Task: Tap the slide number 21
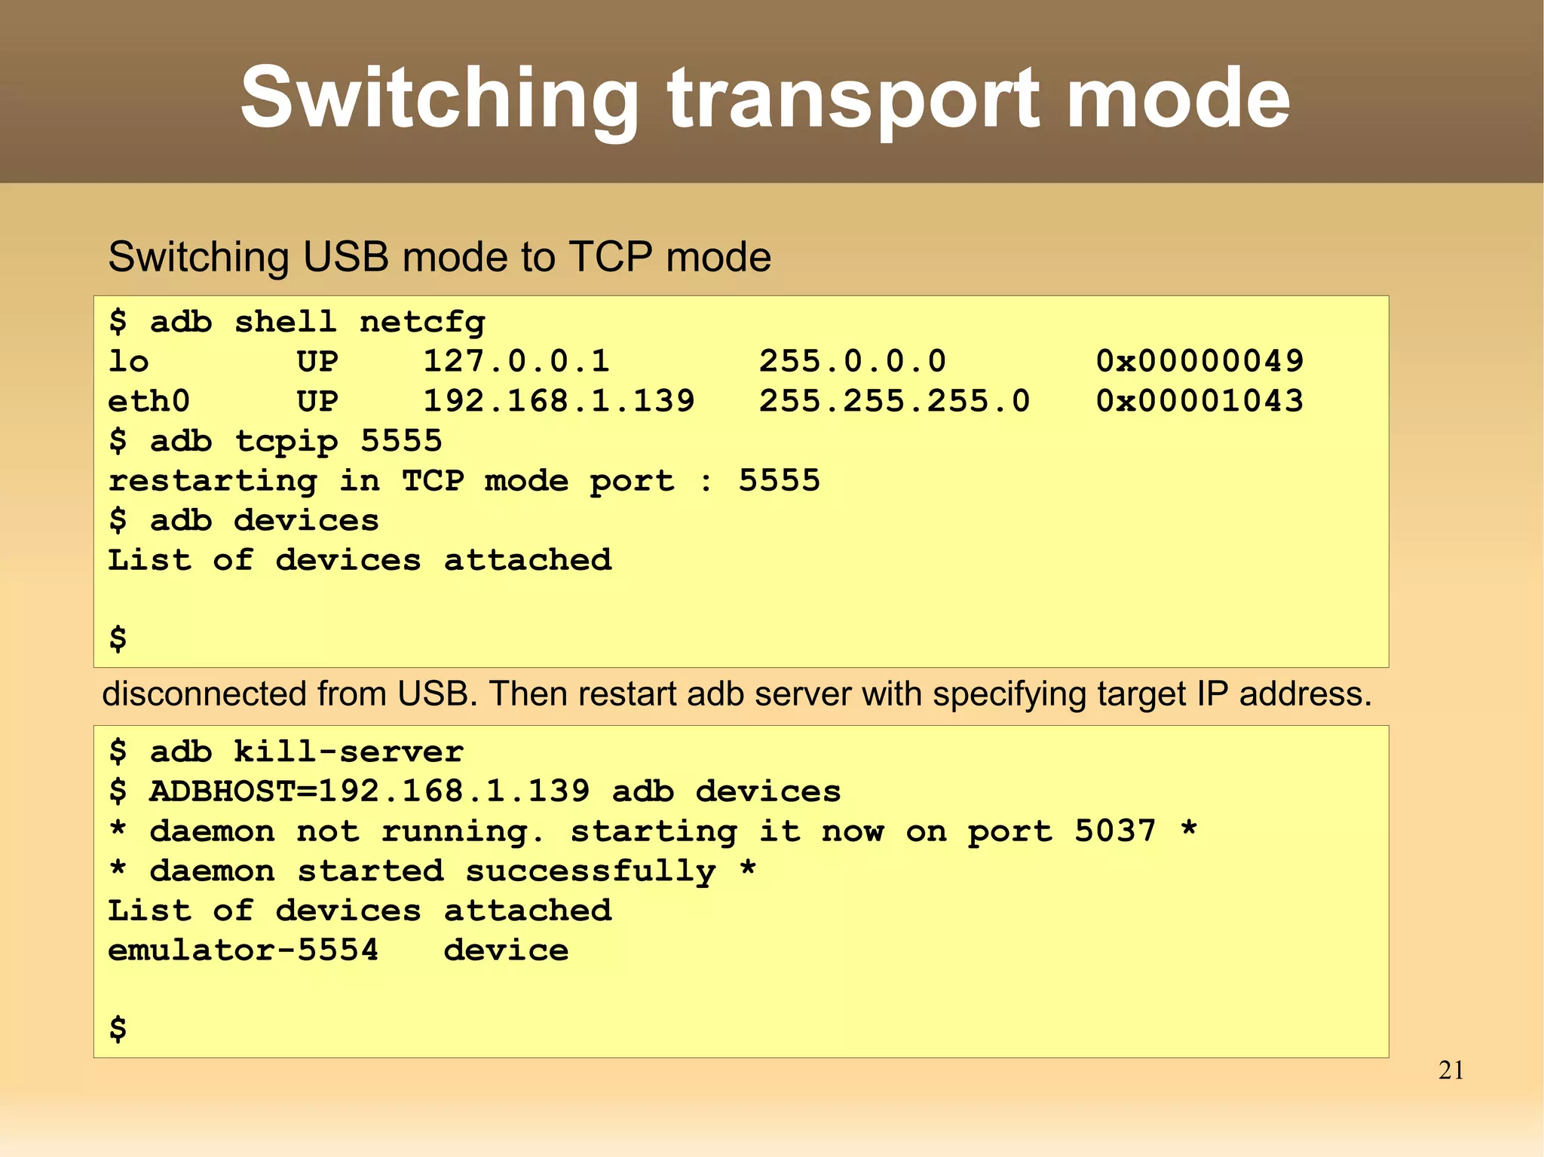(x=1451, y=1070)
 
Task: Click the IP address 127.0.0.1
(x=516, y=361)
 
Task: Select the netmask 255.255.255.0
(x=894, y=401)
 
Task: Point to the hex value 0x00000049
(x=1199, y=361)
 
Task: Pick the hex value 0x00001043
(x=1199, y=401)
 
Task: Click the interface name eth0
(x=149, y=401)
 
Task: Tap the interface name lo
(x=128, y=361)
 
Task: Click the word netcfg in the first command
(x=422, y=323)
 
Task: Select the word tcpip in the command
(x=286, y=441)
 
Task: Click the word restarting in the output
(x=213, y=481)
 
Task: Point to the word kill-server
(x=348, y=751)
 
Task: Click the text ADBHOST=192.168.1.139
(x=369, y=791)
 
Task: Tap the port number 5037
(x=1115, y=831)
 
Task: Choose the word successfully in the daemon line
(x=590, y=871)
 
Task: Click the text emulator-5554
(x=243, y=950)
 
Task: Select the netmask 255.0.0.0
(x=852, y=361)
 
